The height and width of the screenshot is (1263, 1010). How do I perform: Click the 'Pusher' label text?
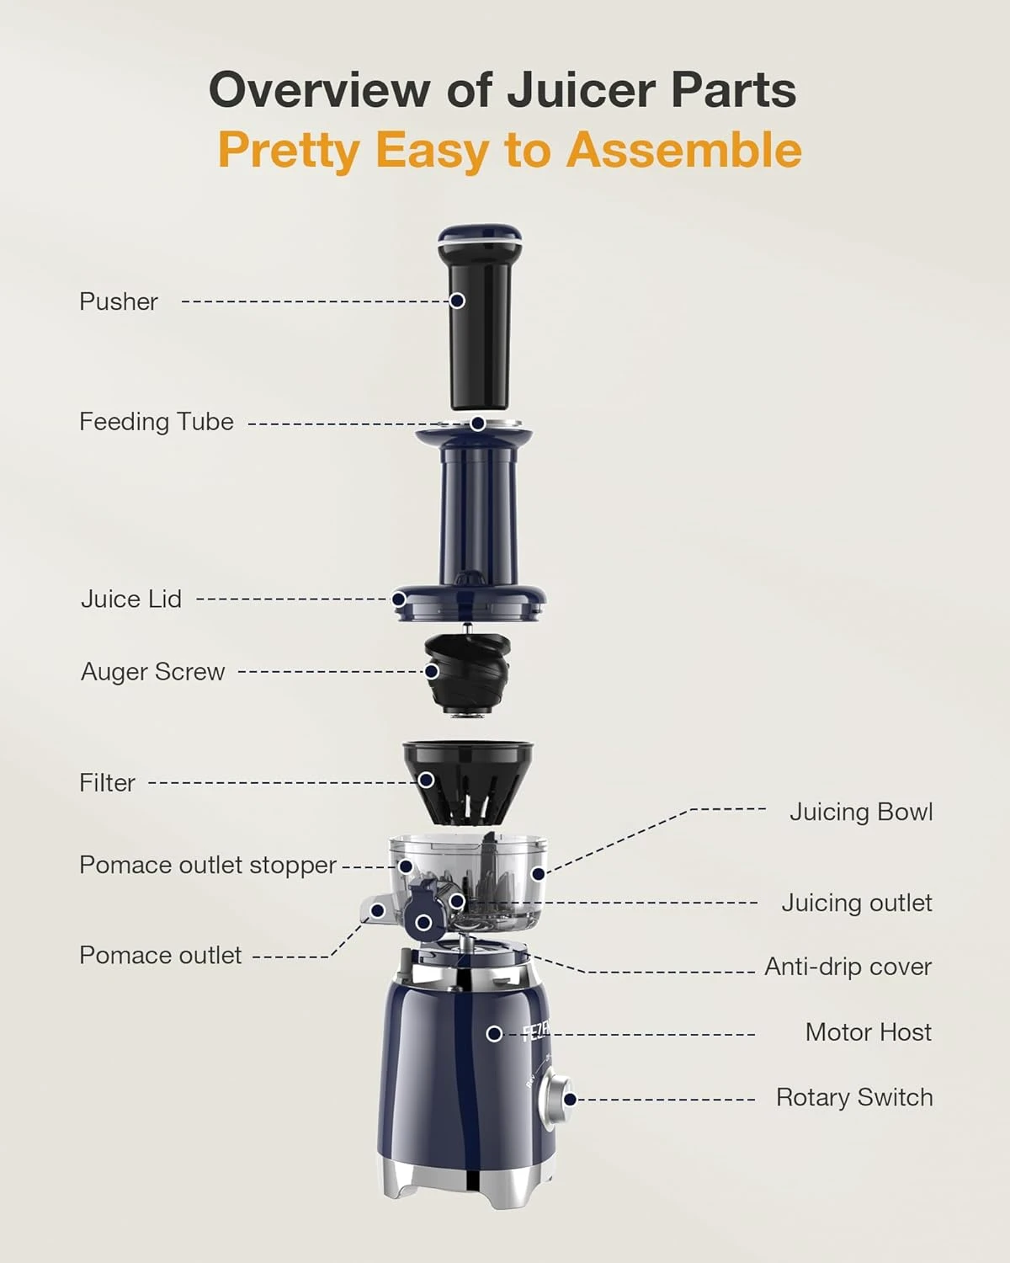[118, 301]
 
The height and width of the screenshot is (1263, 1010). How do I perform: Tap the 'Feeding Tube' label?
[156, 422]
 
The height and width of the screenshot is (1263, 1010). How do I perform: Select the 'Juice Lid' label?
[130, 600]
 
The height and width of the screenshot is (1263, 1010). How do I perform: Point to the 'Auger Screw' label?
[152, 672]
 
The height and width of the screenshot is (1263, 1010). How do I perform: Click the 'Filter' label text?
[107, 783]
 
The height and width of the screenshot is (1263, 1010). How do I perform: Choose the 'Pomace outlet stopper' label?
[207, 866]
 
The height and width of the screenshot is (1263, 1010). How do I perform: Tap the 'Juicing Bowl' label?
[860, 812]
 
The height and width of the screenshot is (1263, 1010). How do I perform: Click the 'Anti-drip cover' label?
[848, 967]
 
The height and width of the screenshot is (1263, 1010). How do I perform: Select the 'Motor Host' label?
[868, 1032]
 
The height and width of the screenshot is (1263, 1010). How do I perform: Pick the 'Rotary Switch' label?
[853, 1098]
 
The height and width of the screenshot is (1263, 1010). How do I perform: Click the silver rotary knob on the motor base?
[555, 1100]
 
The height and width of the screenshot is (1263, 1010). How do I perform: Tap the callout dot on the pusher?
[457, 301]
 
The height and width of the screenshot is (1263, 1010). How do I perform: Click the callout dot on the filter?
[427, 781]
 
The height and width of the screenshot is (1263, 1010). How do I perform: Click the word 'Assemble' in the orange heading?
[683, 151]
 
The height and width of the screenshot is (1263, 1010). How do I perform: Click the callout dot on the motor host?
[495, 1033]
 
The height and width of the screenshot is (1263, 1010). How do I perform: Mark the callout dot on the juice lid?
[399, 600]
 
